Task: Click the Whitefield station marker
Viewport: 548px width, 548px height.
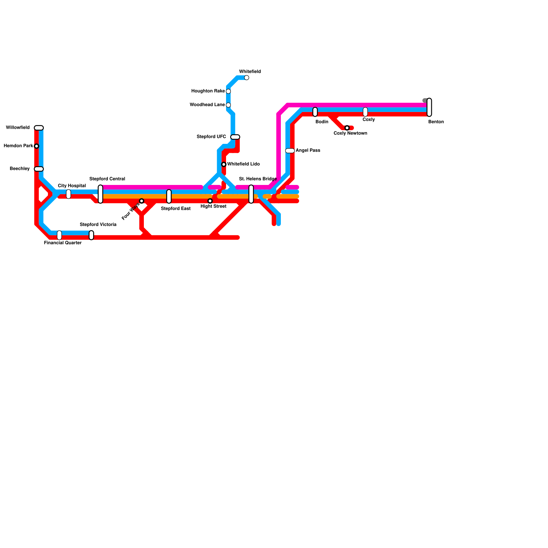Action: pyautogui.click(x=247, y=78)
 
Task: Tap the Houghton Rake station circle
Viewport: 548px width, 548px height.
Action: pyautogui.click(x=228, y=91)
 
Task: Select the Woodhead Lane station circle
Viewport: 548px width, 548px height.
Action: pyautogui.click(x=228, y=105)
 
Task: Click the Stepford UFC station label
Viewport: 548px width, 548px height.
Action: pyautogui.click(x=211, y=137)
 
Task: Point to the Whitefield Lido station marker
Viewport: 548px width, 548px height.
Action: pyautogui.click(x=224, y=164)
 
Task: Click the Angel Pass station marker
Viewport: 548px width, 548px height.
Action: pyautogui.click(x=290, y=151)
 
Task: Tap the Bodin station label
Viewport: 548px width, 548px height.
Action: pyautogui.click(x=322, y=122)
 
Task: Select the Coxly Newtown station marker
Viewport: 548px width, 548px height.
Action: pyautogui.click(x=347, y=128)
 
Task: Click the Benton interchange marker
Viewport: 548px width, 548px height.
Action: pyautogui.click(x=429, y=107)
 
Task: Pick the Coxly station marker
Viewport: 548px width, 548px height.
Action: pyautogui.click(x=365, y=112)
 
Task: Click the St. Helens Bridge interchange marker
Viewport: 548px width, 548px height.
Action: pyautogui.click(x=251, y=194)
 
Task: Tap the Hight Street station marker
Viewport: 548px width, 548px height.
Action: pyautogui.click(x=210, y=201)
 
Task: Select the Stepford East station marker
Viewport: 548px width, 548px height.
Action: pyautogui.click(x=169, y=196)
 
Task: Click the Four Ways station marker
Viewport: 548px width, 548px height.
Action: pyautogui.click(x=141, y=201)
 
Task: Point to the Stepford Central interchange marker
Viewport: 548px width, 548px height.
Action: pyautogui.click(x=100, y=194)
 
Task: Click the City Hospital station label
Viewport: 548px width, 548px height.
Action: pyautogui.click(x=72, y=186)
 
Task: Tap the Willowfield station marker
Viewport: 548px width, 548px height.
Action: pyautogui.click(x=39, y=128)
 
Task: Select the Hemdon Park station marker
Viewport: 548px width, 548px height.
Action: pyautogui.click(x=37, y=146)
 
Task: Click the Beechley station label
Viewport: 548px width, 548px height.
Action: pyautogui.click(x=20, y=169)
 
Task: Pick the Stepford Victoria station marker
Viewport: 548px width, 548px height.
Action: pyautogui.click(x=91, y=235)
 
